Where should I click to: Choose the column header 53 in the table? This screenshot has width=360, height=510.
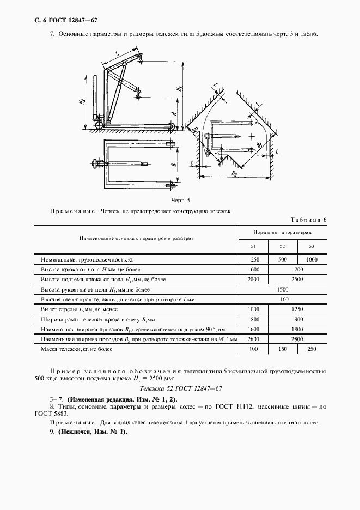point(311,247)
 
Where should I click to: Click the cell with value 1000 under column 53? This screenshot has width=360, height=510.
point(311,260)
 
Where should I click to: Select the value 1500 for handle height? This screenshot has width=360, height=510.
point(282,290)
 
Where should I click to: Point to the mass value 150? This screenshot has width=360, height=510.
point(282,349)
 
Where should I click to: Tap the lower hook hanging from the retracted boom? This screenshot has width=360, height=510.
point(137,96)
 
